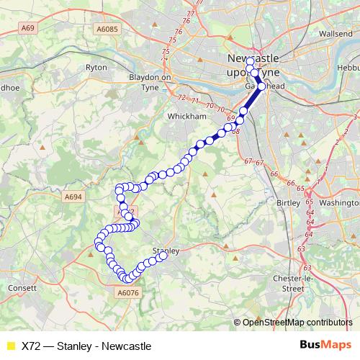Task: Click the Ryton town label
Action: point(96,67)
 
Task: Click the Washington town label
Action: point(338,203)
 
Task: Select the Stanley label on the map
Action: point(164,250)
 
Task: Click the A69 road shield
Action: point(29,28)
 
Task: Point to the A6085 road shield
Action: point(107,28)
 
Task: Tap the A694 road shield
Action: point(74,195)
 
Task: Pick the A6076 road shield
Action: point(127,293)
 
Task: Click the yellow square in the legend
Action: point(10,346)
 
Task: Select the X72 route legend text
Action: point(86,346)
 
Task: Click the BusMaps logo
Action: point(325,345)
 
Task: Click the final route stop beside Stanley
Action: point(163,256)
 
